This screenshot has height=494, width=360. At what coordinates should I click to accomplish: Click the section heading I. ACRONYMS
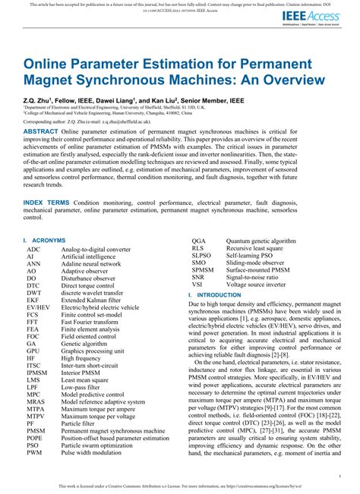[45, 240]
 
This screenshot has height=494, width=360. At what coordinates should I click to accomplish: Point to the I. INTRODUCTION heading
[219, 294]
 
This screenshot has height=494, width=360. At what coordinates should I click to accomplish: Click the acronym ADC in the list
[33, 248]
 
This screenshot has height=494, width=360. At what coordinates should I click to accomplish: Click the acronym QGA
[199, 240]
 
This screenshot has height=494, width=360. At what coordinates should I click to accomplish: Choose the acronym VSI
[197, 284]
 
